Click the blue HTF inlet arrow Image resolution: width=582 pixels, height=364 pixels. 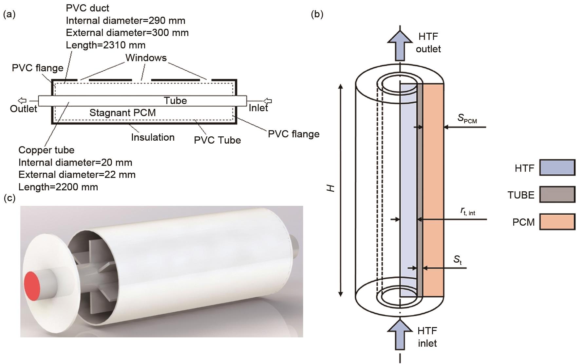click(400, 335)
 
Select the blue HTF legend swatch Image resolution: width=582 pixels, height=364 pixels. click(557, 168)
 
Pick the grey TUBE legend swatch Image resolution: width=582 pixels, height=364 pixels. click(557, 195)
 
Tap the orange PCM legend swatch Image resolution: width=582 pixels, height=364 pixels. click(557, 222)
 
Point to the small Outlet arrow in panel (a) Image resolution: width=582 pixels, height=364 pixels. click(22, 101)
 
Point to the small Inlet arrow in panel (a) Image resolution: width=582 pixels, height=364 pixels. click(268, 101)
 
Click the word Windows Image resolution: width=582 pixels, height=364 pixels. click(146, 58)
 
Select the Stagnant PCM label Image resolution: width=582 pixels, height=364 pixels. click(122, 113)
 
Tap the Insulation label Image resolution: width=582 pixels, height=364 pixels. click(153, 137)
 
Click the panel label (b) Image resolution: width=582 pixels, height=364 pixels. click(317, 14)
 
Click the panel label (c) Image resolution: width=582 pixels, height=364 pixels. click(9, 198)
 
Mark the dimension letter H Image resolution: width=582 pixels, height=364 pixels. click(331, 188)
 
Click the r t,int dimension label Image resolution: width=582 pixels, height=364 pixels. click(468, 212)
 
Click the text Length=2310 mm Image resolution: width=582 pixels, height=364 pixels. click(105, 45)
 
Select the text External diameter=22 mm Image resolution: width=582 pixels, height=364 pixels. click(77, 175)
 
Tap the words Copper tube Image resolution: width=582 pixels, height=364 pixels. click(46, 150)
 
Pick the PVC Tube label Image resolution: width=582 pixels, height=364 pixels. click(217, 140)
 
